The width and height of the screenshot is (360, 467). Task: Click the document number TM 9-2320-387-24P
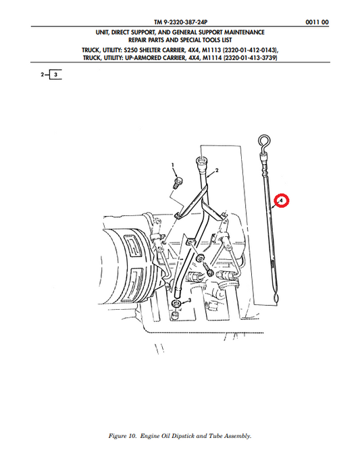[180, 22]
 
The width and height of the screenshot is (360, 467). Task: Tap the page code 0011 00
[317, 22]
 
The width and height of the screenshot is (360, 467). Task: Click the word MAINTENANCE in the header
[244, 32]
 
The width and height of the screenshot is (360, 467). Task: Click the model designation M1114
[212, 58]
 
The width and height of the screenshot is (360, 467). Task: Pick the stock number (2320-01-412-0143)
[249, 50]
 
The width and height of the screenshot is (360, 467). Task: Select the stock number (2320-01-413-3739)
[251, 58]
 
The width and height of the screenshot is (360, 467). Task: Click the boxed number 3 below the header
[56, 74]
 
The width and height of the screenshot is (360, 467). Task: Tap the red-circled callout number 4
[281, 200]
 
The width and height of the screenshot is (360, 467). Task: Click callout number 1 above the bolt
[172, 165]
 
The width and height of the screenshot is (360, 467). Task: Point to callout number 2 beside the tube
[217, 171]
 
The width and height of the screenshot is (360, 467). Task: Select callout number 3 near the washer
[190, 300]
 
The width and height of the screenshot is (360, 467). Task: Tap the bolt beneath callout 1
[178, 183]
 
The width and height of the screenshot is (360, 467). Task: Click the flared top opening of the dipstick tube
[201, 161]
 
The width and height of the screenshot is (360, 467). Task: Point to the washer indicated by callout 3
[176, 304]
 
